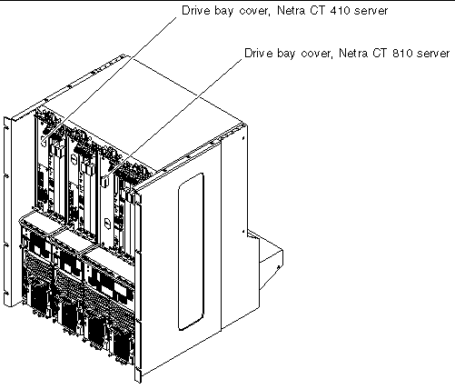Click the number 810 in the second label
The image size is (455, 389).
402,54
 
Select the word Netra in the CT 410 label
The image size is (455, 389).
291,11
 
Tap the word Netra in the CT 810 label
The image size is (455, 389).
352,54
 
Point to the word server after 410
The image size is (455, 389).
371,11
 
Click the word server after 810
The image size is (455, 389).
433,54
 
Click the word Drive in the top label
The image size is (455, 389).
195,11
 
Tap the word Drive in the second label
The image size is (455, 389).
259,54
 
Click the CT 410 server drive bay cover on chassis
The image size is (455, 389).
44,141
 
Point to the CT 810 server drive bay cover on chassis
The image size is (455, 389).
104,182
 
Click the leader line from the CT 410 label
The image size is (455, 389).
111,78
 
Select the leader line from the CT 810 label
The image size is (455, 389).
173,119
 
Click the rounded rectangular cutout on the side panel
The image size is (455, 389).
191,252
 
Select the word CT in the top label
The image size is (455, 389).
317,11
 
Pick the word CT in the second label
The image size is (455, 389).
380,54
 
